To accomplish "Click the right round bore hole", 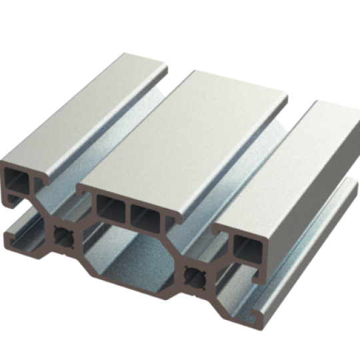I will point(194,274).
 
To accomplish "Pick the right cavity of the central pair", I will point(145,217).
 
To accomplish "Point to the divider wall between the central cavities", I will point(128,212).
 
